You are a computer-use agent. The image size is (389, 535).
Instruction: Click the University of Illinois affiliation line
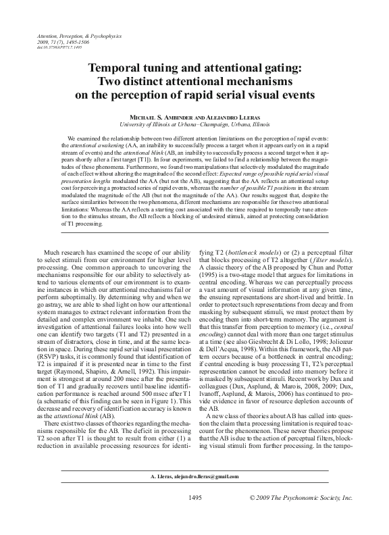click(194, 125)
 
